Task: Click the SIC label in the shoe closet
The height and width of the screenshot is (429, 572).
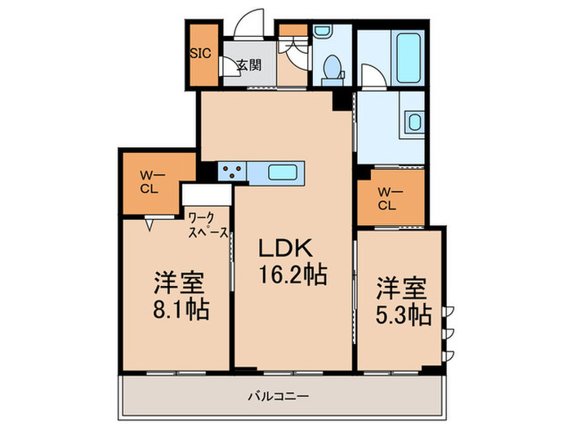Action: point(200,56)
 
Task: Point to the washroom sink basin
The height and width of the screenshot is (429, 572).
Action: point(414,123)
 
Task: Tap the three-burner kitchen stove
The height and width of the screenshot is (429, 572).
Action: point(231,172)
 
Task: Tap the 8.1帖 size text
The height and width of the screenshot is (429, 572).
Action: point(180,311)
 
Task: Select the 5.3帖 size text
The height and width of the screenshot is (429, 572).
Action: point(404,315)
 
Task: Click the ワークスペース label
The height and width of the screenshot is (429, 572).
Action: point(209,226)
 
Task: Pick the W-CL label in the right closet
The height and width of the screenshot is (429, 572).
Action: point(387,199)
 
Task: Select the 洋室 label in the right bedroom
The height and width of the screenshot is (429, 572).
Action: point(401,288)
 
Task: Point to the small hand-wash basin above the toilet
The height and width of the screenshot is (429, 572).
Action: point(320,34)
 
